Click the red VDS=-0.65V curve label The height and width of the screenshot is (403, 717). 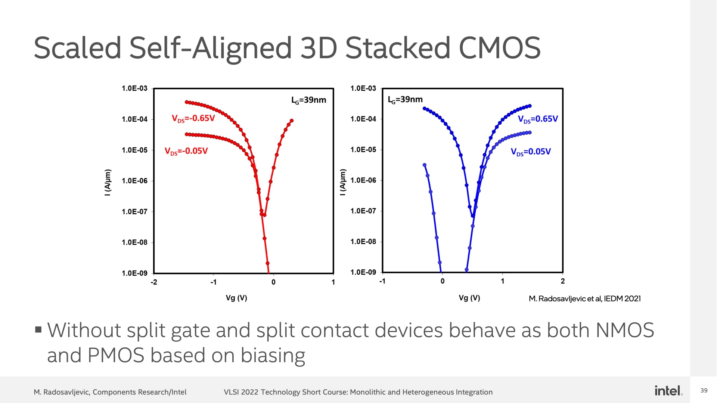tap(193, 119)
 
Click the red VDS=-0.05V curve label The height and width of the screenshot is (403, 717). tap(186, 151)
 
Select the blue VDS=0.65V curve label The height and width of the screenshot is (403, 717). tap(538, 119)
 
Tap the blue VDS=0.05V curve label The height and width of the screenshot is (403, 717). tap(531, 151)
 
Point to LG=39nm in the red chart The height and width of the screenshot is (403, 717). tap(308, 100)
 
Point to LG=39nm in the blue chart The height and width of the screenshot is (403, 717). tap(405, 100)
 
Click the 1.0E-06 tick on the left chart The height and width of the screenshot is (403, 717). tap(134, 181)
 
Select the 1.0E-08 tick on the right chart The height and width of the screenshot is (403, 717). tap(363, 242)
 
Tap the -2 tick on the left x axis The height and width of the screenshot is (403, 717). tap(154, 282)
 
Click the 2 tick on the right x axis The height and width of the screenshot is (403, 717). tap(563, 281)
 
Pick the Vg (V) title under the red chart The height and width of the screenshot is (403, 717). tap(236, 298)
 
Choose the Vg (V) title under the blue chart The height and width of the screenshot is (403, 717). tap(469, 298)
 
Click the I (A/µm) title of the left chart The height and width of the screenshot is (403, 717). tap(108, 182)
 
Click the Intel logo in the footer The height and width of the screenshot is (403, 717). tap(668, 391)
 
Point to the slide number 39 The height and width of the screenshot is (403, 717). tap(704, 391)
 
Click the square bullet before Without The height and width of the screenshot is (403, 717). tap(38, 329)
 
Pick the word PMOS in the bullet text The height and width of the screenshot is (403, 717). tap(116, 355)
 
